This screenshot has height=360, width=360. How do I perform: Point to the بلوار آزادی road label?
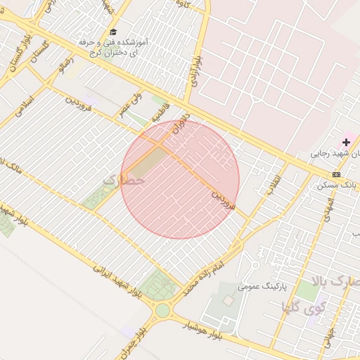pyautogui.click(x=194, y=71)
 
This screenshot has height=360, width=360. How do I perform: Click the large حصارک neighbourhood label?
pyautogui.click(x=124, y=180)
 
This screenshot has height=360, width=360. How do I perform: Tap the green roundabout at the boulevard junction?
pyautogui.click(x=162, y=309)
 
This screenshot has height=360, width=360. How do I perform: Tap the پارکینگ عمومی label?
pyautogui.click(x=260, y=286)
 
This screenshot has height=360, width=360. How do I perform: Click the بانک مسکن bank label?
pyautogui.click(x=332, y=185)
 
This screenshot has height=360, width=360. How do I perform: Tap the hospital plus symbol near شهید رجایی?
pyautogui.click(x=346, y=142)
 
